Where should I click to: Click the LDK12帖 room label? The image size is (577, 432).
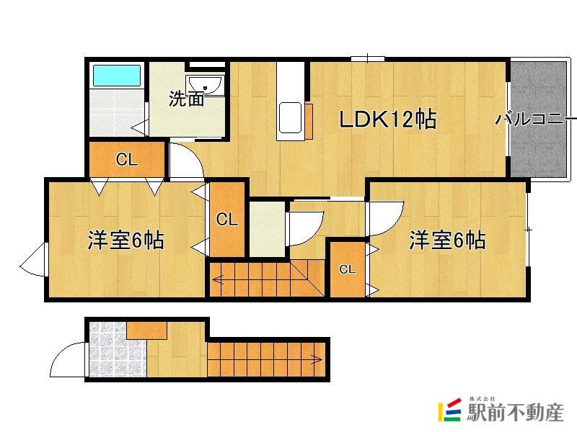[x=388, y=120]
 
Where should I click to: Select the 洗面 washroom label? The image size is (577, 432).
[x=186, y=99]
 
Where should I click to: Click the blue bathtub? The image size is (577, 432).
[x=115, y=76]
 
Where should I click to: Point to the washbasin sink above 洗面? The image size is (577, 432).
[x=206, y=85]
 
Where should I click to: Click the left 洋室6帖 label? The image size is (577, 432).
[x=125, y=240]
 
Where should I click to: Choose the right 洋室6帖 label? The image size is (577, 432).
[x=447, y=240]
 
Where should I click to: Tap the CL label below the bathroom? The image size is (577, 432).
[x=127, y=161]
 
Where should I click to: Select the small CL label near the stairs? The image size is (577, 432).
[x=348, y=270]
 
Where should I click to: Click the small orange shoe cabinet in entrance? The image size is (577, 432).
[x=147, y=330]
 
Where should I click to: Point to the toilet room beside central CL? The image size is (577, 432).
[x=267, y=229]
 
